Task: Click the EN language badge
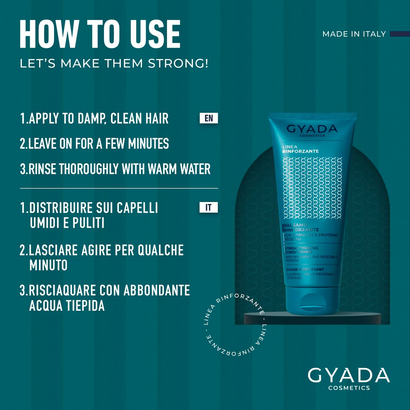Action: click(x=209, y=118)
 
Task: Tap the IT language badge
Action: click(x=209, y=207)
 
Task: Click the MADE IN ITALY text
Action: click(x=354, y=34)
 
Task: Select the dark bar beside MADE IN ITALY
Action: click(x=400, y=34)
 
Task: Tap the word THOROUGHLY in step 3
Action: click(x=89, y=169)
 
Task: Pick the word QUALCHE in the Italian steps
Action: click(x=161, y=250)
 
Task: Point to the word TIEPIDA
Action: click(x=85, y=306)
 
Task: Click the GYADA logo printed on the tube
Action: click(x=312, y=129)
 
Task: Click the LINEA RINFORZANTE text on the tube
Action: click(x=300, y=149)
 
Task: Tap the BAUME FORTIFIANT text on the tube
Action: click(x=305, y=269)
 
